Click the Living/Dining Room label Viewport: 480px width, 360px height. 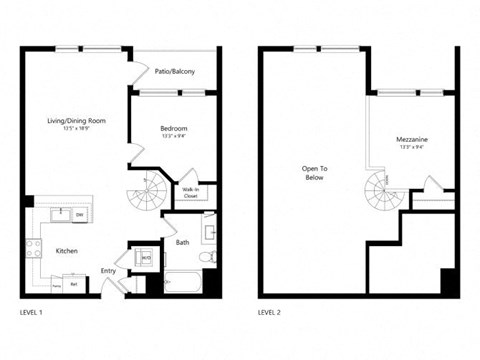(x=76, y=121)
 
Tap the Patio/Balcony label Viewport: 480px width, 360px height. (x=175, y=72)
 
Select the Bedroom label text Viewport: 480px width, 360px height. (x=173, y=129)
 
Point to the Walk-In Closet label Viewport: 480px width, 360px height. (x=190, y=192)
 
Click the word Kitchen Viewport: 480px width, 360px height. (x=67, y=250)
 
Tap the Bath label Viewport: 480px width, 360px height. (x=183, y=241)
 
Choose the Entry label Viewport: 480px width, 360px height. (x=109, y=270)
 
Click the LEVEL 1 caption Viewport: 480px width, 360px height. (x=33, y=312)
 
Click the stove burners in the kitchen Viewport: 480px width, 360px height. (x=35, y=248)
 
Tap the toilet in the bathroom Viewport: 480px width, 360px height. (x=206, y=258)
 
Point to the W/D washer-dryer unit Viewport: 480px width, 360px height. (x=146, y=257)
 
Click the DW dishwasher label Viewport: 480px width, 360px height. (x=79, y=214)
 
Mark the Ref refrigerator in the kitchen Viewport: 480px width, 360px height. (x=74, y=284)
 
